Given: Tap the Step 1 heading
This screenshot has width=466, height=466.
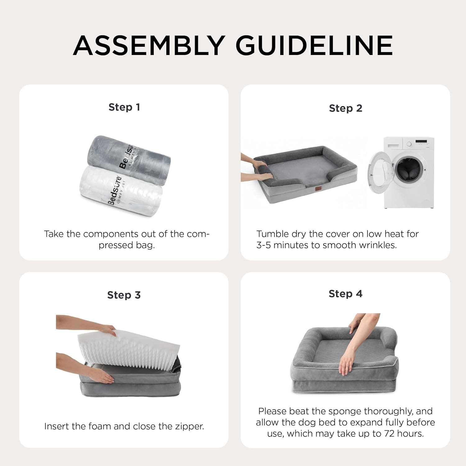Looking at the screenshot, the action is [x=124, y=107].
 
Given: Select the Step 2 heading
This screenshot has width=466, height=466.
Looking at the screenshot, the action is [x=345, y=108].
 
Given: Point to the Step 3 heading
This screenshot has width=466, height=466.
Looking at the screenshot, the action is [x=124, y=295].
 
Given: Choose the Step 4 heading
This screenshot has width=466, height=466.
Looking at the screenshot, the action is [x=345, y=294].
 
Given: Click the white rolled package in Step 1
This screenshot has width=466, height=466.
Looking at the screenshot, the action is [x=121, y=190].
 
